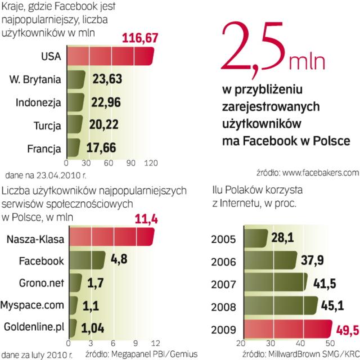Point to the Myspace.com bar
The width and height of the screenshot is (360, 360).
(x=74, y=304)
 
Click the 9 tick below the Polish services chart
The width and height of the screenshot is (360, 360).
(x=134, y=342)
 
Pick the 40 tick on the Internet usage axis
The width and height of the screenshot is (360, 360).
(x=304, y=343)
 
